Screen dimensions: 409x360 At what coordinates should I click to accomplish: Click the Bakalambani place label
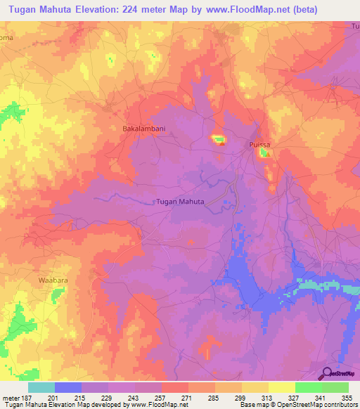pos(144,129)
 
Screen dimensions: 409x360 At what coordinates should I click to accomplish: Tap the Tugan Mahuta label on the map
pos(179,202)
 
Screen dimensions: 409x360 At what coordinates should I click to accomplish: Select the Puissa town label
pos(260,144)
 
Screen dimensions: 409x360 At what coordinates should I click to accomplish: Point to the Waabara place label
pos(51,279)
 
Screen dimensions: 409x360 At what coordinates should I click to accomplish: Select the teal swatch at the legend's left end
pos(41,387)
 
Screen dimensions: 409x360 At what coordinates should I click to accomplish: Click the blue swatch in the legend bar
pos(68,387)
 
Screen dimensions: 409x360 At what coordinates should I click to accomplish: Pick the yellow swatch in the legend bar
pos(281,387)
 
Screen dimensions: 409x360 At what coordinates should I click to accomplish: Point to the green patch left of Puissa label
pos(219,139)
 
